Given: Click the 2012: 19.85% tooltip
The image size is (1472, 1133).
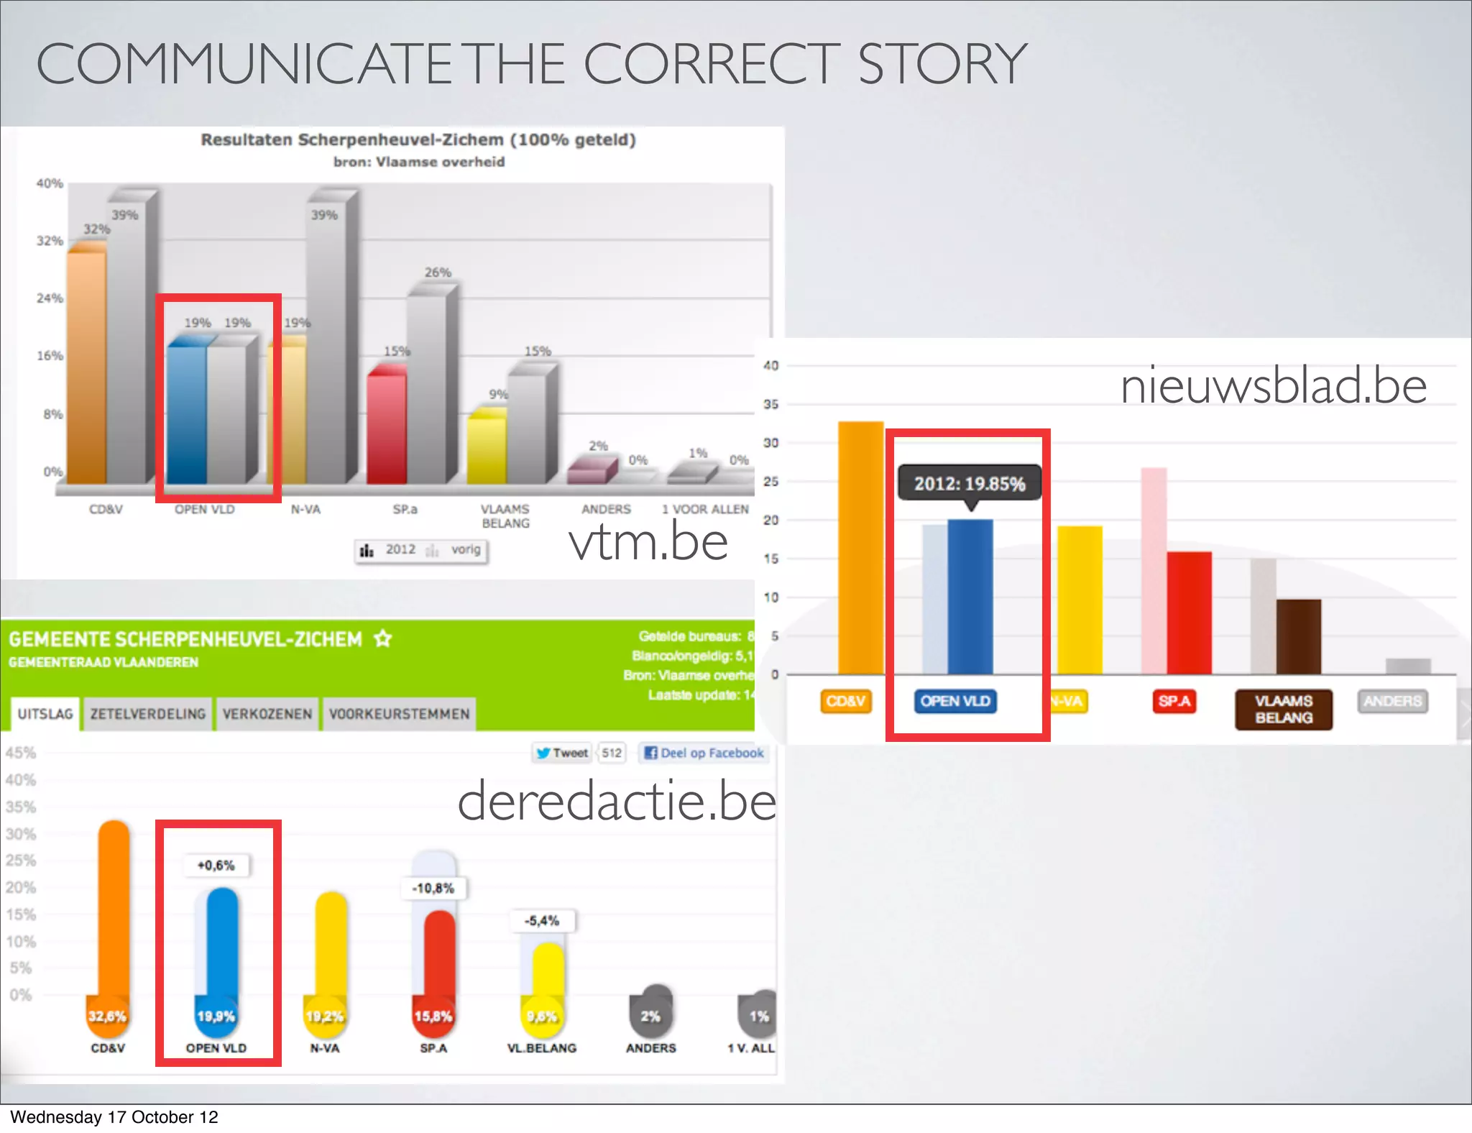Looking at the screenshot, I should pos(969,484).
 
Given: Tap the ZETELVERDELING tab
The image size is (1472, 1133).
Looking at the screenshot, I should pos(148,714).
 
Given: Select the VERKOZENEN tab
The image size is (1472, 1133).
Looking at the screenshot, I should pos(267,714).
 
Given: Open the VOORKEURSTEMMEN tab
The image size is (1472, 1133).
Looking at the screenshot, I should pos(399,714).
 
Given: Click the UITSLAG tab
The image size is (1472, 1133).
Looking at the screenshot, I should pos(45,714).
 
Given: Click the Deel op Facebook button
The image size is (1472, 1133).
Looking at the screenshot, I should pos(704,753).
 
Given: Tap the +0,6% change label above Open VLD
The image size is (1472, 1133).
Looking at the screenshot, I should pos(216,866).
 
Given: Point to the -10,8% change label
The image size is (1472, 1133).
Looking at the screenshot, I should pos(433,889).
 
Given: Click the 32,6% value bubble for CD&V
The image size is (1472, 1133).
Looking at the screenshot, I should pos(107,1016).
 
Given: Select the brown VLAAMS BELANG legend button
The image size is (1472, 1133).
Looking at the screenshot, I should pos(1284,710).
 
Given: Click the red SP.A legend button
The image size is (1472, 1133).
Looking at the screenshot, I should pos(1174,701).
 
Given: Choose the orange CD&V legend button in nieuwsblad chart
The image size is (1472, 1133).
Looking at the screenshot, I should pos(845,701).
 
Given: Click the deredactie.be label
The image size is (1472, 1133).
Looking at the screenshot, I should pos(617,801).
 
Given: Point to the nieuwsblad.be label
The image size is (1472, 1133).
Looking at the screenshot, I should pos(1273,386).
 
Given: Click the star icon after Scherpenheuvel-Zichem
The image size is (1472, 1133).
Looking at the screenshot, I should pos(383,638).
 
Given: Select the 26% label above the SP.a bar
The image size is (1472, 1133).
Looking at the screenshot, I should pos(438,272).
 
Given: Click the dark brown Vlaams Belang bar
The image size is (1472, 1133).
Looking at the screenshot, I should pos(1298,636).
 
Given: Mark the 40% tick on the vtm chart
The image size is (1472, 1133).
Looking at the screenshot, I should pos(50,183).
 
